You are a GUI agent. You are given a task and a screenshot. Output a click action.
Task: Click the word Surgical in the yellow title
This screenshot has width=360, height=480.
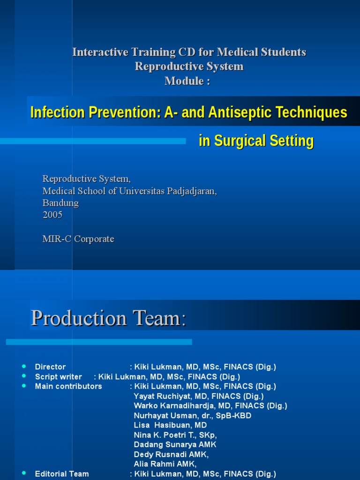[243, 141]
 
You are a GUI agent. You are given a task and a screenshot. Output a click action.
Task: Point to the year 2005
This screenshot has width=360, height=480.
[52, 215]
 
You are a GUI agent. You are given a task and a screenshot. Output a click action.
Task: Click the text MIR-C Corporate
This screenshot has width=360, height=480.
[78, 239]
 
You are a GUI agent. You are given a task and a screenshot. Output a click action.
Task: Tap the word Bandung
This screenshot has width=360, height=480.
[60, 203]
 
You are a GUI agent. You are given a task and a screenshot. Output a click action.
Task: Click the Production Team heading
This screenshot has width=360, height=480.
[108, 319]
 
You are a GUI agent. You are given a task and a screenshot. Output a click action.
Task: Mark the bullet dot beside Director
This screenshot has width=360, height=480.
[24, 367]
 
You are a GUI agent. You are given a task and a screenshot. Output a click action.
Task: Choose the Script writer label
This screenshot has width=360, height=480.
[59, 377]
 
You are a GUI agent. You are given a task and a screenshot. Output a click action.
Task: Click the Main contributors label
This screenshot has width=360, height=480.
[68, 387]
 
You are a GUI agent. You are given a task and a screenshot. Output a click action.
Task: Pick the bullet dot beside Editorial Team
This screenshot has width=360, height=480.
[24, 474]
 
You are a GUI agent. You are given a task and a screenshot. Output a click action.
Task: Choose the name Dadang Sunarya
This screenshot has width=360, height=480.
[165, 445]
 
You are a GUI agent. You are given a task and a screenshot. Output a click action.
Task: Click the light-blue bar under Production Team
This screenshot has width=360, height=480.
[99, 342]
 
